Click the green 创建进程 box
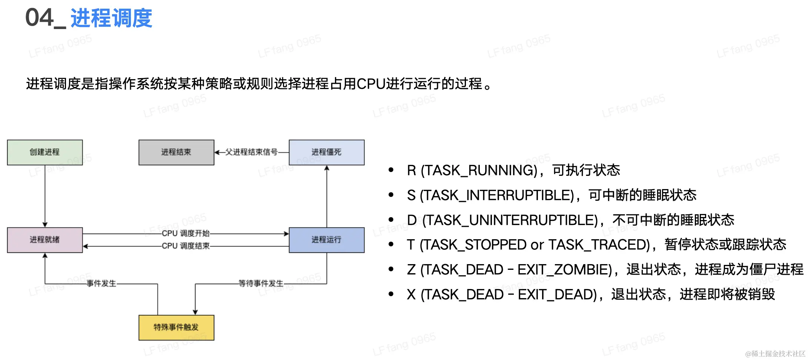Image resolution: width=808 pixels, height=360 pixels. click(45, 152)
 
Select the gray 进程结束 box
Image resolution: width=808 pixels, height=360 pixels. click(176, 152)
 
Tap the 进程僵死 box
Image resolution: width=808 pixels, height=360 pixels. click(326, 152)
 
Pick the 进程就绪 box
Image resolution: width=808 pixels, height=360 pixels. click(45, 240)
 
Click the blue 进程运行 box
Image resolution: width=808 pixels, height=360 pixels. click(326, 240)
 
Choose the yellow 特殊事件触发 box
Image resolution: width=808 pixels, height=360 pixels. click(176, 327)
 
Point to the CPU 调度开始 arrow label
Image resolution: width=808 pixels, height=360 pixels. click(186, 233)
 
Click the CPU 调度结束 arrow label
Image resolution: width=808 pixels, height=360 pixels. click(186, 246)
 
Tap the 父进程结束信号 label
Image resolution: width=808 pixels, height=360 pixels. click(251, 152)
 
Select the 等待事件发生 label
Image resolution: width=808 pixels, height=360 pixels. click(261, 283)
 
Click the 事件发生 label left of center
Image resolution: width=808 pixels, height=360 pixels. click(101, 283)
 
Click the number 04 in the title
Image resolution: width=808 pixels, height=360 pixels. click(39, 18)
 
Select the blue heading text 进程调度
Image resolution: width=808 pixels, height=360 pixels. click(111, 18)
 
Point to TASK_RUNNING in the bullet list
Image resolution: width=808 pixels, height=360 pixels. click(479, 171)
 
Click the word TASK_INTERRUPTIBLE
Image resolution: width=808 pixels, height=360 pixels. click(497, 195)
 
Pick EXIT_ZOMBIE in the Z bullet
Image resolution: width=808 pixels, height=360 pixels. click(564, 270)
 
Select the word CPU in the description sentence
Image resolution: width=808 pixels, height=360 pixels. click(370, 84)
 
